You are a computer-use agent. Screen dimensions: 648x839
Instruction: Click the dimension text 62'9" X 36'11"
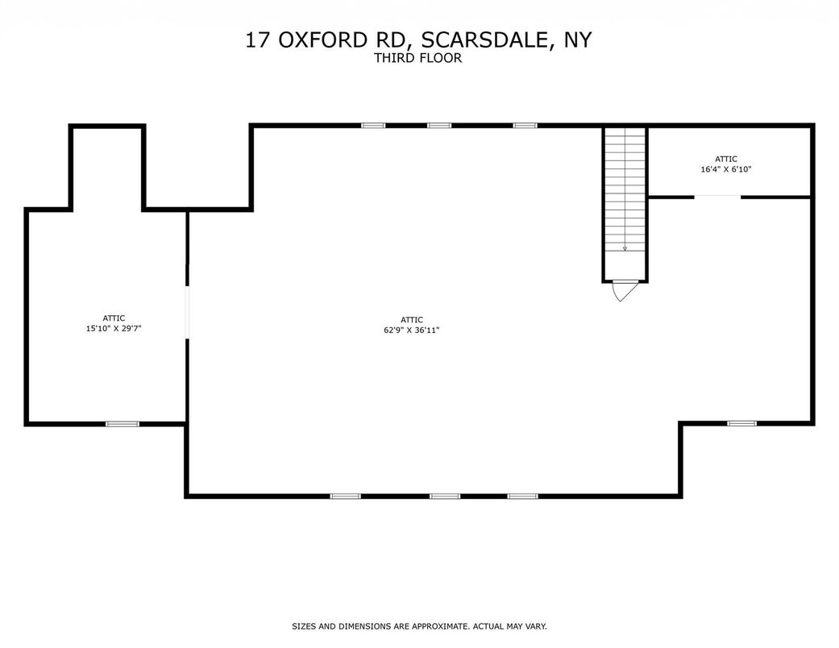point(411,330)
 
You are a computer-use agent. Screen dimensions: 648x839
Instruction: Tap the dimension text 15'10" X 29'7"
point(114,328)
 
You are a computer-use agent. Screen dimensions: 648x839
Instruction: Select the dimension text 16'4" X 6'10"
point(725,169)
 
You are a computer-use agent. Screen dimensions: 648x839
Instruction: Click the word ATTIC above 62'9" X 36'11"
point(411,320)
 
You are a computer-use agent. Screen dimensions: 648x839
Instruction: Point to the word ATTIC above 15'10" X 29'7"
point(114,318)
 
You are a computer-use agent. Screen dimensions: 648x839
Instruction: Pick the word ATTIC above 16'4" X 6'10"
point(725,159)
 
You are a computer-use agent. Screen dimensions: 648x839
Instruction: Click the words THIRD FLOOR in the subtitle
point(418,58)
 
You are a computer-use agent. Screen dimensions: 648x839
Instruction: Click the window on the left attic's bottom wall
point(123,423)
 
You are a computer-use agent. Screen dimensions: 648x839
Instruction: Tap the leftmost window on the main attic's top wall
point(373,125)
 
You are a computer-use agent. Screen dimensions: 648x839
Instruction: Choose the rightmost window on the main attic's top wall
point(525,125)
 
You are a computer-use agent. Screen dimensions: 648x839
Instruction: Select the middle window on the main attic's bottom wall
point(444,496)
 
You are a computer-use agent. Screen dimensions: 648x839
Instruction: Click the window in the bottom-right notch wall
point(742,422)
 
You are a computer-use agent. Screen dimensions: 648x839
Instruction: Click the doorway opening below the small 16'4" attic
point(717,197)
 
